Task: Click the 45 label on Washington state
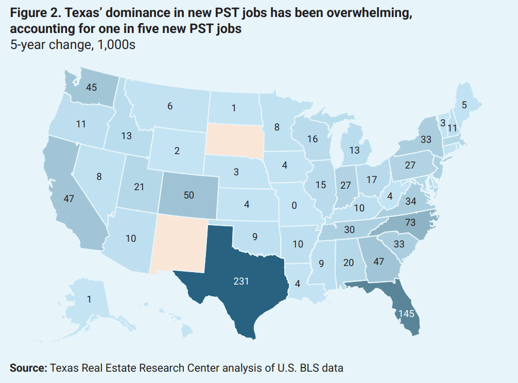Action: tap(91, 88)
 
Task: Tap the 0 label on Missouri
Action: tap(294, 206)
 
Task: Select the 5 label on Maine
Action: tap(464, 105)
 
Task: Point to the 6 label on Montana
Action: tap(169, 106)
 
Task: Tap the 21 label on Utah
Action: tap(139, 187)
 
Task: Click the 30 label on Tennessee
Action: tap(350, 230)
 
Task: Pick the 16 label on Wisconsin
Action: tap(312, 139)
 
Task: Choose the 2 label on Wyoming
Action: tap(177, 151)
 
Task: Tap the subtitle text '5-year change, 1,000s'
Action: tap(72, 45)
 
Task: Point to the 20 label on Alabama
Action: tap(348, 262)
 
